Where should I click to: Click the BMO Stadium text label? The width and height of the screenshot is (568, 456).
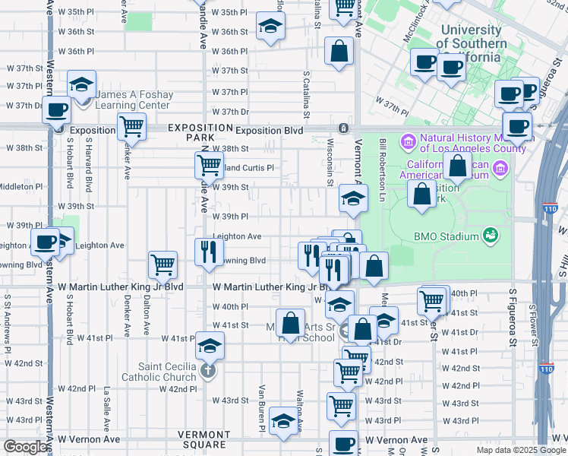446,236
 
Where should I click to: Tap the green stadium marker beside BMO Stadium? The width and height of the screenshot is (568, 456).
491,235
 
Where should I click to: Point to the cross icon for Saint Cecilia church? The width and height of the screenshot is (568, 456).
208,372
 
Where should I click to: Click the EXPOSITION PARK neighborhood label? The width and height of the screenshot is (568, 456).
200,133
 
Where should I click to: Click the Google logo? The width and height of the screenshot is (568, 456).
25,447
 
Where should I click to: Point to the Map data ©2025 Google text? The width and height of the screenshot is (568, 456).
520,450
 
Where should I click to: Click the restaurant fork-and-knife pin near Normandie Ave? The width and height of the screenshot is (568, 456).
208,252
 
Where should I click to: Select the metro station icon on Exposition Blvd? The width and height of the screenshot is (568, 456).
344,128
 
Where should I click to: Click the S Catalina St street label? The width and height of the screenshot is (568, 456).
307,95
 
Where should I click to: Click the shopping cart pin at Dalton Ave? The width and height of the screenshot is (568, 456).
163,264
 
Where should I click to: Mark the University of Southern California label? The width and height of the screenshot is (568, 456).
471,37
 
